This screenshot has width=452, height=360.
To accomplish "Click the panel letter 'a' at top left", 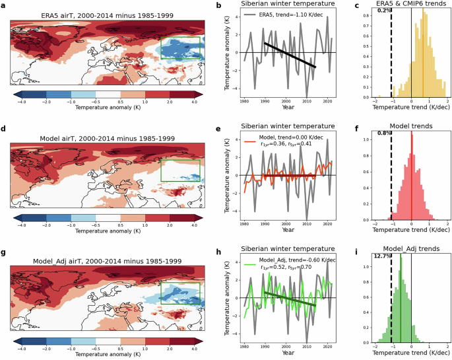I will click(x=5, y=6).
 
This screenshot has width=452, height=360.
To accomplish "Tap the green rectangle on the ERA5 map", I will click(x=180, y=38).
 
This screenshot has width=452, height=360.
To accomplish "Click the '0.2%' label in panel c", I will click(x=383, y=10).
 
